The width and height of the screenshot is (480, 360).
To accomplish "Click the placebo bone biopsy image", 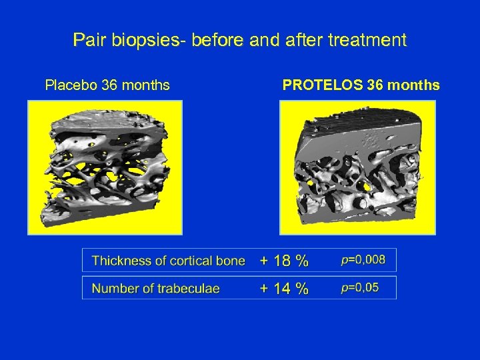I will pyautogui.click(x=105, y=167).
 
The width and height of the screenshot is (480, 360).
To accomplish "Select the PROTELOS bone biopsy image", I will pyautogui.click(x=357, y=167).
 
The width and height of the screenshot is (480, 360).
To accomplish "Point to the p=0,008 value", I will pyautogui.click(x=363, y=260).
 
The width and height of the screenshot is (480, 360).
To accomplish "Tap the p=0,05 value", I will pyautogui.click(x=359, y=287).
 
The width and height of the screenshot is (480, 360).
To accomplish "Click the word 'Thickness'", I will pyautogui.click(x=121, y=261).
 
